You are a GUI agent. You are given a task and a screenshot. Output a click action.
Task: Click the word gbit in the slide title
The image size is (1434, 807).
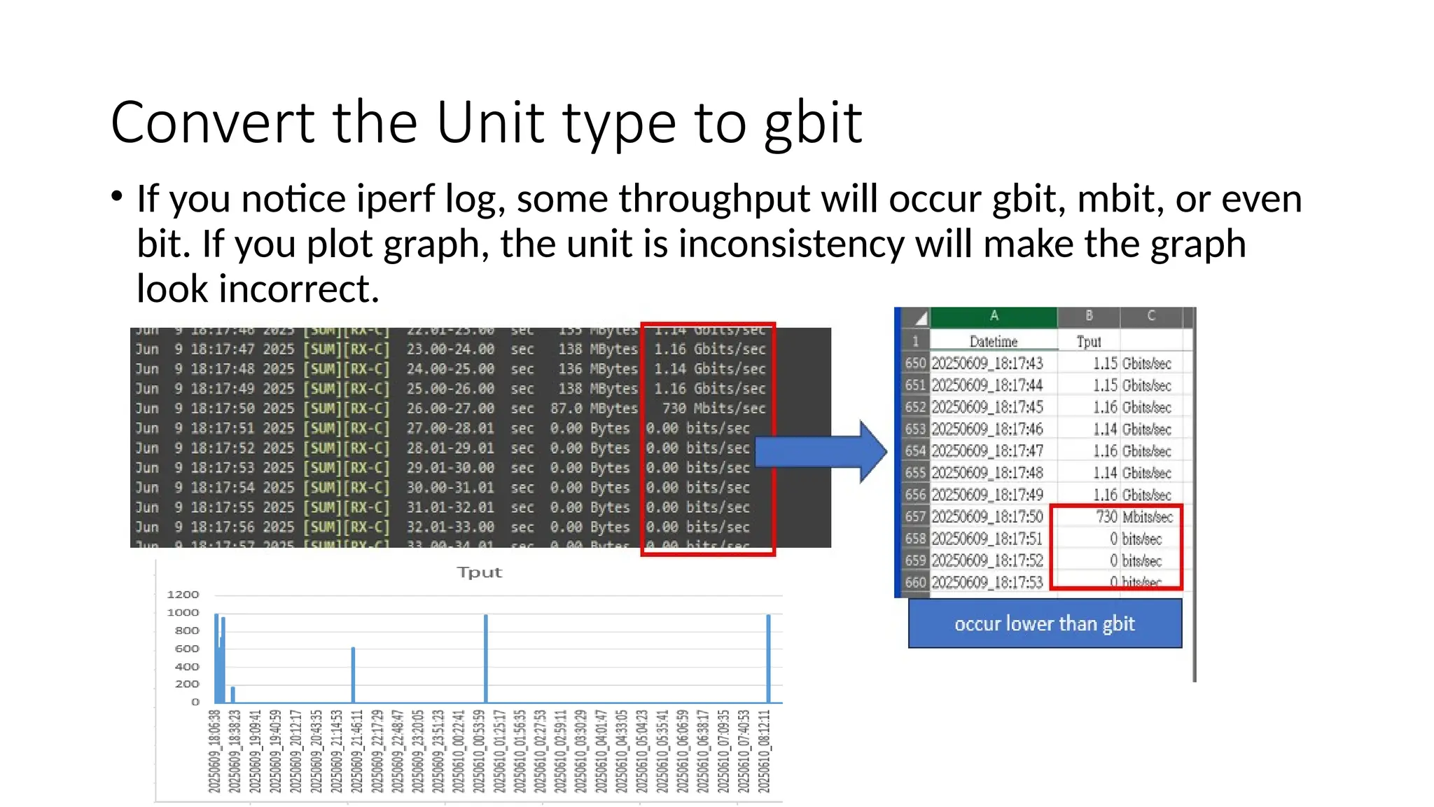click(x=813, y=123)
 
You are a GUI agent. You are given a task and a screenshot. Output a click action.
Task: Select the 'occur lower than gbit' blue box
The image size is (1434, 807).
click(x=1044, y=623)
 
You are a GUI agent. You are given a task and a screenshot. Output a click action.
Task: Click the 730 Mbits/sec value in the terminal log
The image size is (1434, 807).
click(x=713, y=408)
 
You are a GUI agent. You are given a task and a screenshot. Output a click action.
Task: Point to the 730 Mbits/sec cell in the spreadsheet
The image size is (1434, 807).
click(x=1134, y=517)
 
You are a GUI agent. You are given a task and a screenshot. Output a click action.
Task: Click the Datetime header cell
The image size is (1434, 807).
click(x=993, y=341)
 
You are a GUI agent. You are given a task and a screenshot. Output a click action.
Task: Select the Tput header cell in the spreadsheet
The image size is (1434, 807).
click(x=1088, y=341)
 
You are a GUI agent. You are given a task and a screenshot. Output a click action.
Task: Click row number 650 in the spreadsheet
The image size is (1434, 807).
click(x=915, y=364)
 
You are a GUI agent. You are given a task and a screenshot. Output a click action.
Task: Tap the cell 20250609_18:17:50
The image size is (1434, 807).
click(x=987, y=517)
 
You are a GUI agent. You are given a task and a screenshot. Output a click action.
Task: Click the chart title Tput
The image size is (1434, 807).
click(x=480, y=572)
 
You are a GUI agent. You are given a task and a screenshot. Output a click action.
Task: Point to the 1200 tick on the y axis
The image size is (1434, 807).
click(x=183, y=595)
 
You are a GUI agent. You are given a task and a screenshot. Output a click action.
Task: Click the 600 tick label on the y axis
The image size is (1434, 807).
click(x=186, y=649)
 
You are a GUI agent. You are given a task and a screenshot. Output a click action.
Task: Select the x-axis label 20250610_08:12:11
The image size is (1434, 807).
click(x=765, y=751)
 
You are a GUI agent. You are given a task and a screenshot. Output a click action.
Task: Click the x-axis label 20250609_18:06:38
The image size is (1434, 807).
click(x=214, y=751)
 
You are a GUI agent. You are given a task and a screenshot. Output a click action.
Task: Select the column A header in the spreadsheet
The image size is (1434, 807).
click(x=993, y=316)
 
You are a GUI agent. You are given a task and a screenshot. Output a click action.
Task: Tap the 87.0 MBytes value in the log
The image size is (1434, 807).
click(x=594, y=408)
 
